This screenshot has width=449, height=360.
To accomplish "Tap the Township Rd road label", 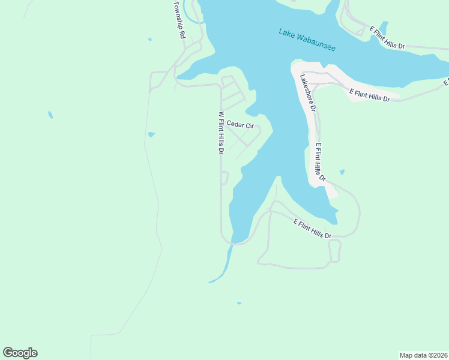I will (179, 19).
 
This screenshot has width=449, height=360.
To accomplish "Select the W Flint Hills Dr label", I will (221, 133).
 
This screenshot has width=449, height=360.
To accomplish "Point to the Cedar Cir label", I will (240, 125).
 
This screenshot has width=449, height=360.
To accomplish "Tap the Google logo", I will (20, 353).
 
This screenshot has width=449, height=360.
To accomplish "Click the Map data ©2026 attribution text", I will (424, 355).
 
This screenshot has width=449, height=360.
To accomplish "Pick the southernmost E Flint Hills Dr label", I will (312, 229).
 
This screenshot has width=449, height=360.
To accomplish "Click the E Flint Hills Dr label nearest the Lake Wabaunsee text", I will (387, 37).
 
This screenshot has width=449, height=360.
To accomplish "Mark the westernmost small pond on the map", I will (50, 114).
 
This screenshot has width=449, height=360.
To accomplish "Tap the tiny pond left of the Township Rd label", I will (149, 40).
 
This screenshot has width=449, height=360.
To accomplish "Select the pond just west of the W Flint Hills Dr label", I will (151, 134).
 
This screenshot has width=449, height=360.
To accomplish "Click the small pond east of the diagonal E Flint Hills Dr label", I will (342, 172).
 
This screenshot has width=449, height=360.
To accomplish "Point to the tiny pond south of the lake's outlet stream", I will (239, 303).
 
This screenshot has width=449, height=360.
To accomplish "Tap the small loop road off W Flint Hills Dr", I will (225, 178).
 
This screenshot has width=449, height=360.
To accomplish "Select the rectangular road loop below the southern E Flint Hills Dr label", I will (335, 250).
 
